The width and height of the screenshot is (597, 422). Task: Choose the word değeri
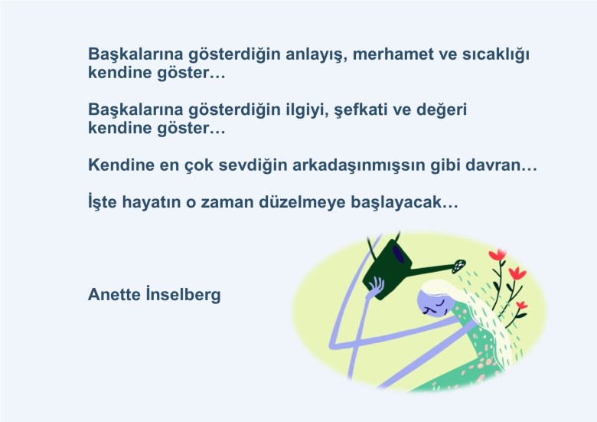442,110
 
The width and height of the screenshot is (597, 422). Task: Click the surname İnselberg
183,295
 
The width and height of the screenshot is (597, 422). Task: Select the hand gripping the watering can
375,286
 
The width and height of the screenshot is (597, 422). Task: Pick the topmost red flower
497,255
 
